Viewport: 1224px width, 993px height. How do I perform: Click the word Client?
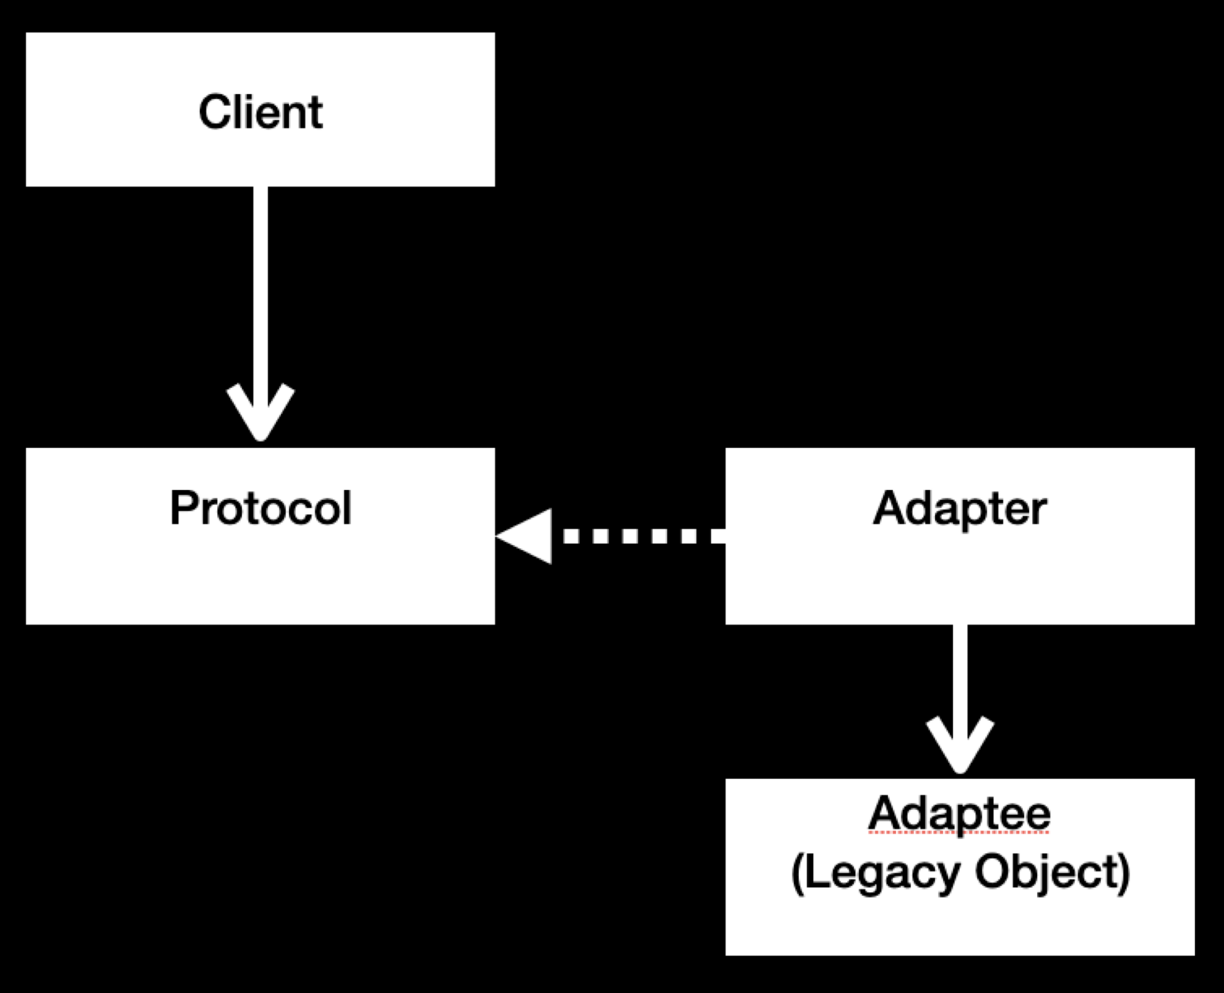[x=260, y=113]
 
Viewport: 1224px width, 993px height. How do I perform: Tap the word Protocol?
[x=260, y=508]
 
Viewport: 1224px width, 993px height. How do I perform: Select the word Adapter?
[x=960, y=508]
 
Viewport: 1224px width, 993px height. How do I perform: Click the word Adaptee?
[x=960, y=814]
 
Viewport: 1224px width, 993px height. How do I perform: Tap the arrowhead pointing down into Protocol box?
[x=260, y=413]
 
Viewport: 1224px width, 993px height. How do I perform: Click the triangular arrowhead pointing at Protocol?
[x=527, y=536]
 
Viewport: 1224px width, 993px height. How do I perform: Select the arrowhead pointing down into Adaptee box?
[x=960, y=745]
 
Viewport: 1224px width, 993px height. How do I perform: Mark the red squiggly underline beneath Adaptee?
[x=960, y=833]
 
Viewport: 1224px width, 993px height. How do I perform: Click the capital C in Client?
[x=211, y=113]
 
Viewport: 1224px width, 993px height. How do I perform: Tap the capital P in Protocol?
[x=183, y=508]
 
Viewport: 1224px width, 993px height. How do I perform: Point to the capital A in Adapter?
[x=888, y=508]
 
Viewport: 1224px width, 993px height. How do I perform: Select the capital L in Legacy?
[x=815, y=871]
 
